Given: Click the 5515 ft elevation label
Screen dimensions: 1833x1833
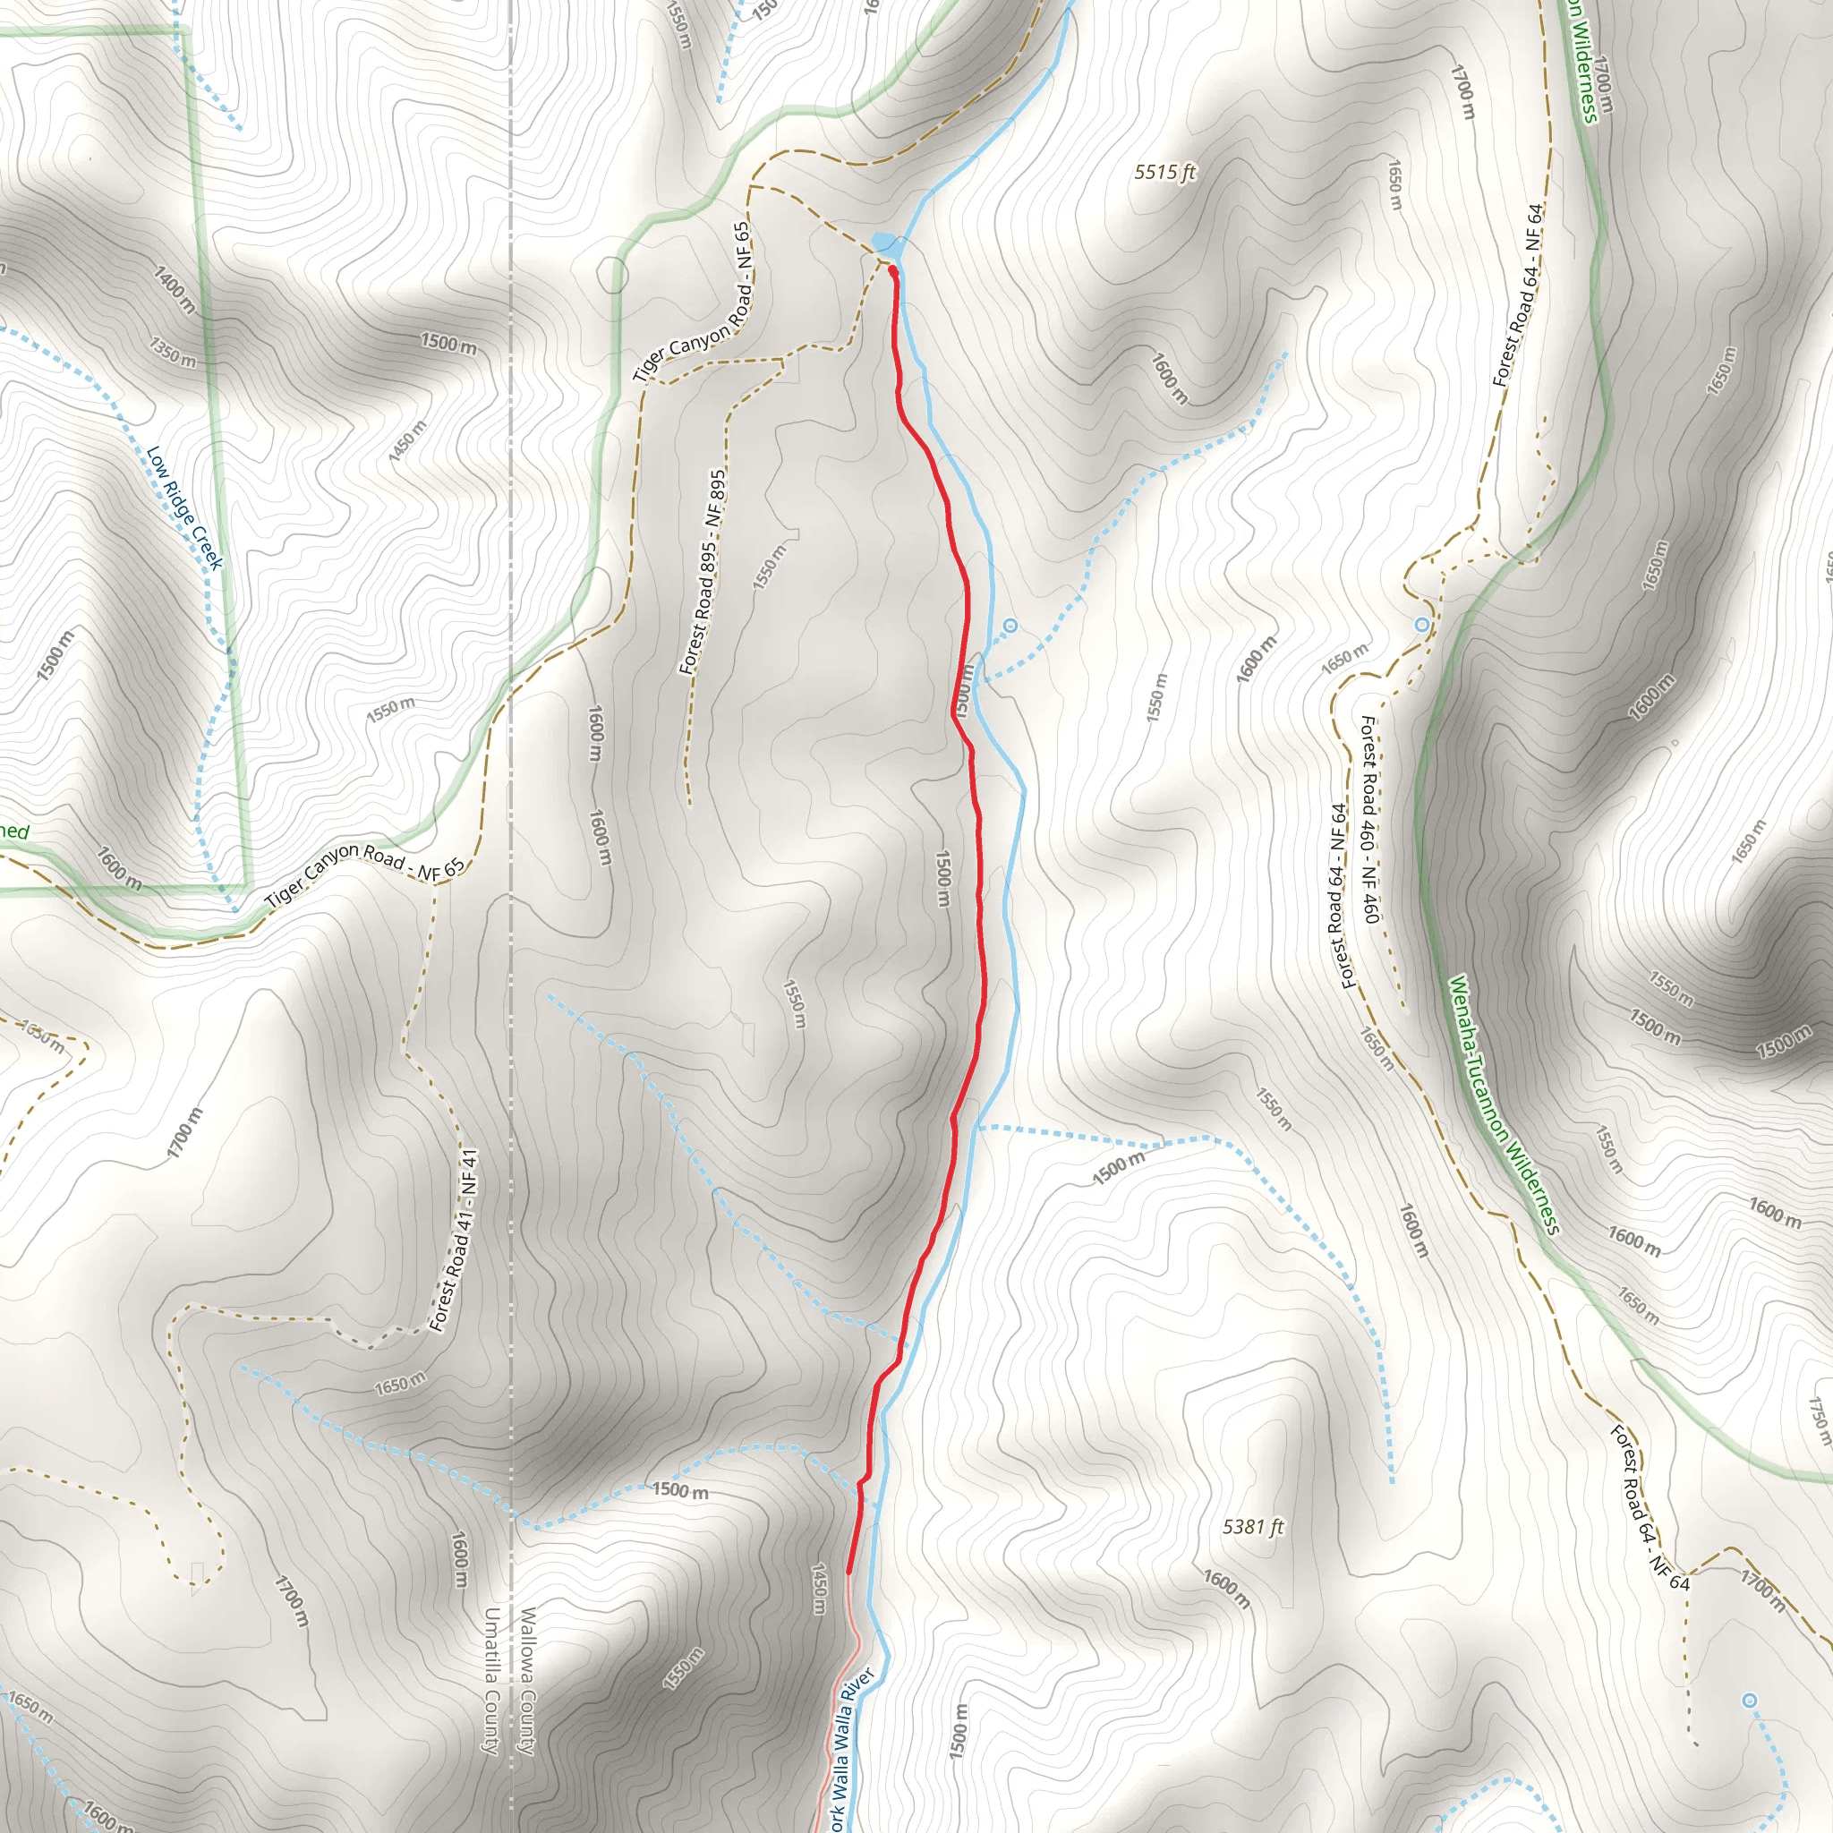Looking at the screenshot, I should click(x=1164, y=172).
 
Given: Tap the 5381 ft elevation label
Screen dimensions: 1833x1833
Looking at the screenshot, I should click(x=1252, y=1527).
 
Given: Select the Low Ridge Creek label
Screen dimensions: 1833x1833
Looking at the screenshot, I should click(x=184, y=507).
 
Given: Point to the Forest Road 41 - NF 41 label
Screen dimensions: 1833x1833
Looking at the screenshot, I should click(x=455, y=1241).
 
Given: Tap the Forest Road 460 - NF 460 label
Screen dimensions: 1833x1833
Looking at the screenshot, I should click(x=1370, y=819).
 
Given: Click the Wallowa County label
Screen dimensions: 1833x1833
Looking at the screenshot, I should click(x=527, y=1679).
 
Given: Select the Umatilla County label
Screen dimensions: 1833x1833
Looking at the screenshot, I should click(x=491, y=1679).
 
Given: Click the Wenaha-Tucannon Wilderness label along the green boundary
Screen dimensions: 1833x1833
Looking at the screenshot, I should click(x=1504, y=1105).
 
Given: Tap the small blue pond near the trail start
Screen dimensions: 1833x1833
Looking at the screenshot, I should click(x=882, y=240).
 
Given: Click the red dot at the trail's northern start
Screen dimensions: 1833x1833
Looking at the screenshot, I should click(x=892, y=270).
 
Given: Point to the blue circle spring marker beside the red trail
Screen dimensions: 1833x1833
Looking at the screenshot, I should click(x=1010, y=626).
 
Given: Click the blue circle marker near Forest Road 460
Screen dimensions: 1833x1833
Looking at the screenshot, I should click(x=1421, y=625).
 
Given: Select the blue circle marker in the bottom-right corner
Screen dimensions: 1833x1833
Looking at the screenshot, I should click(x=1751, y=1701).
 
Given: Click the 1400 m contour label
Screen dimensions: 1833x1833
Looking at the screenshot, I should click(x=175, y=290).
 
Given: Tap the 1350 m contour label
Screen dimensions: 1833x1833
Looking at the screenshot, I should click(x=173, y=351).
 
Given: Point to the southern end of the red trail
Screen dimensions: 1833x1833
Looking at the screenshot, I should click(x=848, y=1572).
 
